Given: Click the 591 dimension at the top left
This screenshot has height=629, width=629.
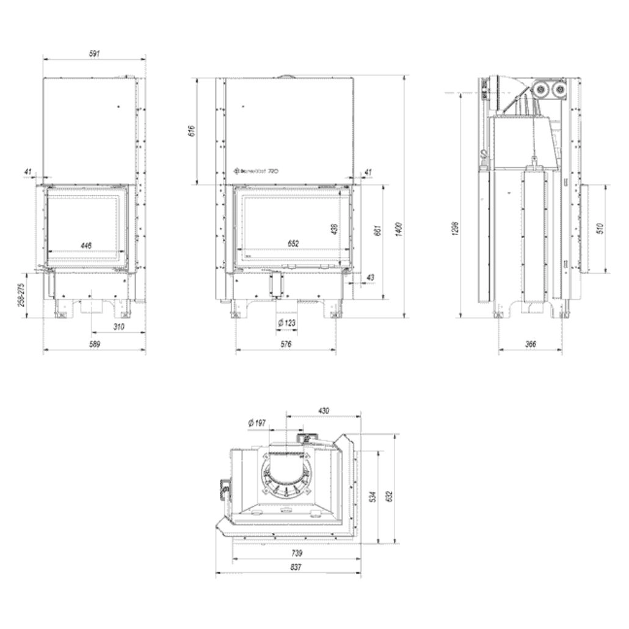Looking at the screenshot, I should pos(94,54).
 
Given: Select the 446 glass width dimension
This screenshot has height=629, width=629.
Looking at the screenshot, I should pos(86,245).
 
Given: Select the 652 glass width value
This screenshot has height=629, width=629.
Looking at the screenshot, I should pos(293,244).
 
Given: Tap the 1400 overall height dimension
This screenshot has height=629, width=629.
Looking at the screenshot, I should pos(399,230).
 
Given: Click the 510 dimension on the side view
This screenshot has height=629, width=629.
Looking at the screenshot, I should pos(600,229).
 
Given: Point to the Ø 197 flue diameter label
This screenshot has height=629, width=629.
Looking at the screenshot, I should pos(256,423).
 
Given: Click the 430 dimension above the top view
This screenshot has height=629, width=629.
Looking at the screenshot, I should pos(324,411).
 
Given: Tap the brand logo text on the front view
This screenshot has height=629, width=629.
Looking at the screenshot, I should pos(256,172).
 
